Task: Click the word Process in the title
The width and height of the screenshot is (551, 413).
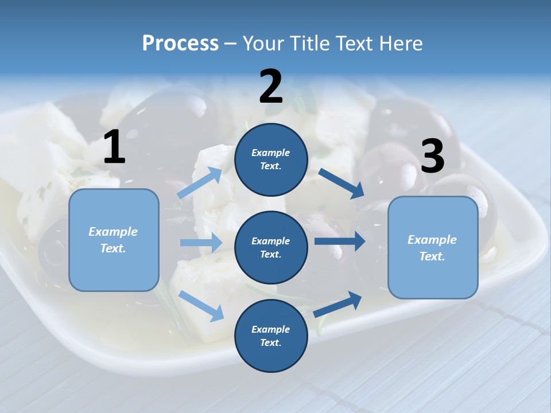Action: pos(180,44)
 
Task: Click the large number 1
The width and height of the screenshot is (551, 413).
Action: pos(114,147)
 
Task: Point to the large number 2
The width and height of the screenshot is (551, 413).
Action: pos(271,87)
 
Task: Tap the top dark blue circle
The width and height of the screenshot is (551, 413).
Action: pos(271,159)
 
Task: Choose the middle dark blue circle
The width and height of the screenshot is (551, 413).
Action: pos(271,247)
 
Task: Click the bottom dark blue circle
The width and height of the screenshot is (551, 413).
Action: pos(271,336)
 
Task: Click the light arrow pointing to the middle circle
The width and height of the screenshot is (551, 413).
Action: pos(201,243)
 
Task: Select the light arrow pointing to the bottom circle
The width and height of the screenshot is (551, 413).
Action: pos(201,306)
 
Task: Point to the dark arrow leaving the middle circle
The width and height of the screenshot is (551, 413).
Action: pos(339,241)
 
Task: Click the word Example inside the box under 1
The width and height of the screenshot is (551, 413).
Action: pos(113,232)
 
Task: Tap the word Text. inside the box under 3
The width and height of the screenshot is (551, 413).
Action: pos(432,256)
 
